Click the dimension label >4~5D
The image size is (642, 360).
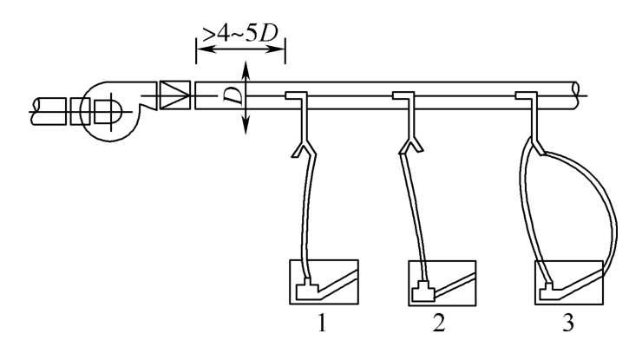240,35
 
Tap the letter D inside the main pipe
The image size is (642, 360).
233,95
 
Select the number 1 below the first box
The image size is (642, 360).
322,323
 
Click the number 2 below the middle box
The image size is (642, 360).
438,323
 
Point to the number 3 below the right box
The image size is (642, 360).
568,323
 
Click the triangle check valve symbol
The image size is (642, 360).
175,95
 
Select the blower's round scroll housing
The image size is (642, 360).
109,111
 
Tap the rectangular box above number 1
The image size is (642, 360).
324,282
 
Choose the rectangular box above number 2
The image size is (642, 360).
442,283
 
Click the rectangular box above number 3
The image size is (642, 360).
569,283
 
